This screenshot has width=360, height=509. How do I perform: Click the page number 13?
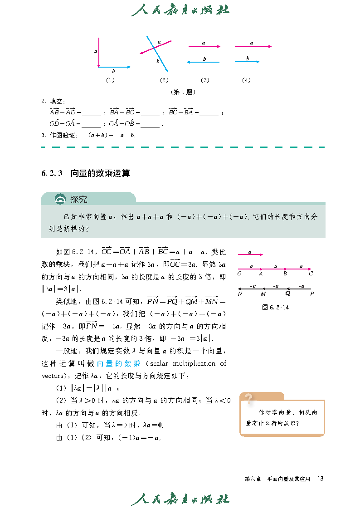pyautogui.click(x=321, y=478)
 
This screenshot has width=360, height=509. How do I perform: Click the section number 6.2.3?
pyautogui.click(x=51, y=173)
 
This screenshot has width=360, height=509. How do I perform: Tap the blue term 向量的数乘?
pyautogui.click(x=119, y=363)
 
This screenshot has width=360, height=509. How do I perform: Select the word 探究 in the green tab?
pyautogui.click(x=78, y=200)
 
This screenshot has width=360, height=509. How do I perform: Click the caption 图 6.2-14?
pyautogui.click(x=276, y=307)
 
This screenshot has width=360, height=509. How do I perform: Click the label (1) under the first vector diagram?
pyautogui.click(x=110, y=80)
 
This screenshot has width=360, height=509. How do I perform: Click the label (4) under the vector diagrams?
pyautogui.click(x=246, y=80)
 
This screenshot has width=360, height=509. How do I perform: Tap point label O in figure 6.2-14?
pyautogui.click(x=239, y=274)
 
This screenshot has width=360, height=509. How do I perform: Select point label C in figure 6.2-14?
pyautogui.click(x=311, y=274)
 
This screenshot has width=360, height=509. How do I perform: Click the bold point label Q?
pyautogui.click(x=287, y=294)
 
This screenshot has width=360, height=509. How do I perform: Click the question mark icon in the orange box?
pyautogui.click(x=248, y=398)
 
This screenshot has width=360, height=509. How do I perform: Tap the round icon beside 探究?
pyautogui.click(x=60, y=200)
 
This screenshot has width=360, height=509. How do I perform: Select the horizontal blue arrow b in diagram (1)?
pyautogui.click(x=114, y=67)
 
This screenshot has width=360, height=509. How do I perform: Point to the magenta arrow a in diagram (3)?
pyautogui.click(x=204, y=46)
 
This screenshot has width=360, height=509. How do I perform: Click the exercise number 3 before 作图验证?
pyautogui.click(x=43, y=135)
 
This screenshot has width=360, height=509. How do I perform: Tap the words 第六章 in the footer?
pyautogui.click(x=253, y=479)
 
